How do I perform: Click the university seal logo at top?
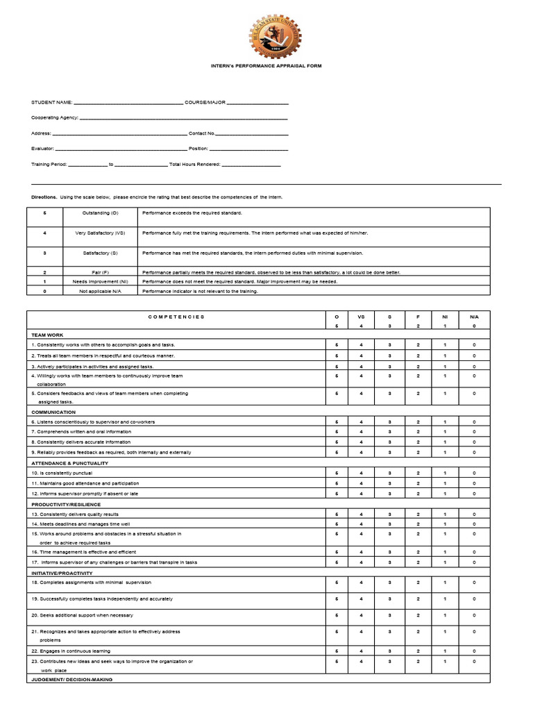[x=266, y=35]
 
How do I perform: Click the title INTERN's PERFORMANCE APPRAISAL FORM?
[x=266, y=66]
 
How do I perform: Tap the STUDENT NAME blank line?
[x=128, y=103]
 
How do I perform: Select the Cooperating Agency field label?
[x=55, y=118]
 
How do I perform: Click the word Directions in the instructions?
[x=44, y=197]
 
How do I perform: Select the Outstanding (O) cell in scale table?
[x=101, y=213]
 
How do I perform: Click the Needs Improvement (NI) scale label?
[x=101, y=282]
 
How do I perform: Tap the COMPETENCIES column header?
[x=176, y=317]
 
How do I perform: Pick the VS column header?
[x=361, y=317]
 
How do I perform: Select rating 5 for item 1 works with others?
[x=337, y=345]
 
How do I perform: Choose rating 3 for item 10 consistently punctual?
[x=390, y=473]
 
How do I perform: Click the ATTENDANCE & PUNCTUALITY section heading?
[x=69, y=462]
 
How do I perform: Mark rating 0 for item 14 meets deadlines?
[x=474, y=524]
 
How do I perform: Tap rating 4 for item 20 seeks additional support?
[x=361, y=615]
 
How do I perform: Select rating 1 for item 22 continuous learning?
[x=445, y=651]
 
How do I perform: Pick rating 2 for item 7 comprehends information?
[x=418, y=432]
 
